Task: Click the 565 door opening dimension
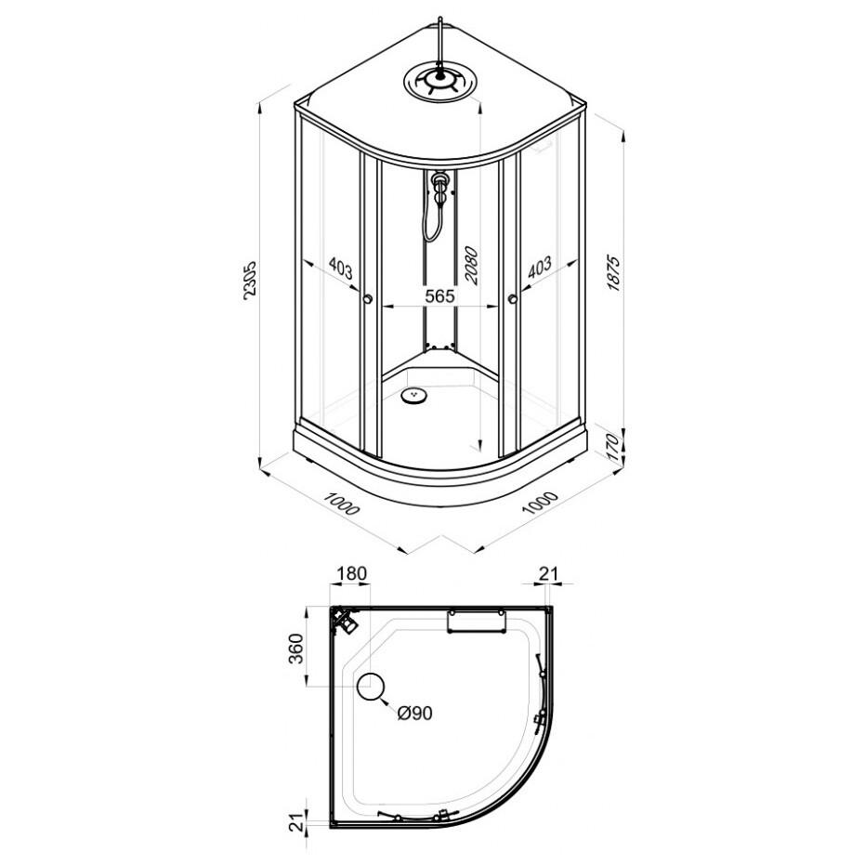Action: (439, 295)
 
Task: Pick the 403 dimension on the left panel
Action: (340, 268)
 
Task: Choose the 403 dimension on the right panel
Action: (539, 268)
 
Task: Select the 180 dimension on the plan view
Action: (351, 573)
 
